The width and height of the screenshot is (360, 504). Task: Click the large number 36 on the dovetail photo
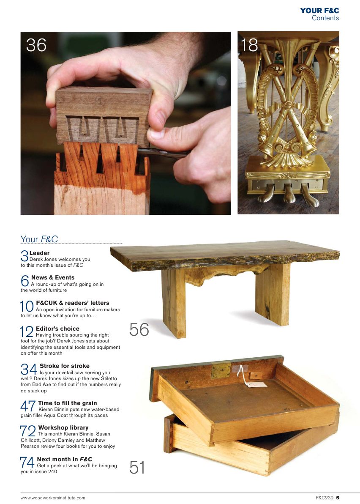tap(36, 45)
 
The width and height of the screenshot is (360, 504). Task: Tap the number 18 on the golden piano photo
tap(249, 45)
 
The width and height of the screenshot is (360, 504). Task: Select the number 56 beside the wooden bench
tap(139, 330)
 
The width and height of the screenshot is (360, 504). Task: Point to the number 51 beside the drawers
tap(137, 468)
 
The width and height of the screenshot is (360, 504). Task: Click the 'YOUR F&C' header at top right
tap(319, 11)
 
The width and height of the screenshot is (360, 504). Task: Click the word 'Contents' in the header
tap(325, 18)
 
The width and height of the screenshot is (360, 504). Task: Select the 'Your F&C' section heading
tap(39, 239)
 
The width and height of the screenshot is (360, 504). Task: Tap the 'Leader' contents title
tap(39, 253)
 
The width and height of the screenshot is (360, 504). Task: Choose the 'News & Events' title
tap(53, 278)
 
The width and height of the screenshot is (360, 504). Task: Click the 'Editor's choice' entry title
tap(57, 329)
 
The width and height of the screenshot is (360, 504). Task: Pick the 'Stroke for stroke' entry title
tap(65, 366)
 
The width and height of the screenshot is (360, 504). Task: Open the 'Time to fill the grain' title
tap(68, 403)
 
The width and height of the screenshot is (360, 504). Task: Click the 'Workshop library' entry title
tap(63, 428)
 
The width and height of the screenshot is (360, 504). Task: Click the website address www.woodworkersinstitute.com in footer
tap(53, 498)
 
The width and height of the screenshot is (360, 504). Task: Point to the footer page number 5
tap(338, 498)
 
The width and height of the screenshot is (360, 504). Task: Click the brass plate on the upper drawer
tap(221, 370)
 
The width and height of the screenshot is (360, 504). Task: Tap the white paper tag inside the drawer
tap(256, 385)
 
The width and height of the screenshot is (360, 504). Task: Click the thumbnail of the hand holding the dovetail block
tap(125, 123)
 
